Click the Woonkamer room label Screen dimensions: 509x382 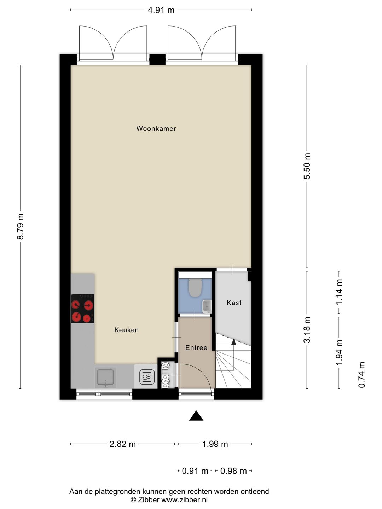(156, 129)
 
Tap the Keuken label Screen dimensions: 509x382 (126, 330)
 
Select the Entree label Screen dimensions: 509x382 (196, 348)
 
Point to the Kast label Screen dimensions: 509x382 (234, 303)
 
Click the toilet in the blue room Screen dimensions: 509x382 (195, 287)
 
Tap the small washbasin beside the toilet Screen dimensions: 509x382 (207, 306)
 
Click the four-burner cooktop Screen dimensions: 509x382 (82, 309)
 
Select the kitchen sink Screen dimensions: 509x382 (106, 378)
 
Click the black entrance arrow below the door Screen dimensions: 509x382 (196, 416)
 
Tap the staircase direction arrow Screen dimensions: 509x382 (233, 341)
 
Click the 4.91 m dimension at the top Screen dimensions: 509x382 (161, 10)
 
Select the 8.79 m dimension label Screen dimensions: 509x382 (21, 226)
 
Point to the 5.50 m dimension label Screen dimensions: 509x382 (307, 166)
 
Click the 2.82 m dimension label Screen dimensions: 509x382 (122, 444)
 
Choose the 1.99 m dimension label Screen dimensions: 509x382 (215, 444)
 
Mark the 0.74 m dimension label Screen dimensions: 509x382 (361, 375)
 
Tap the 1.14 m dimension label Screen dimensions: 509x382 (340, 292)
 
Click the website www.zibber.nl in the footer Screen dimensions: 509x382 (185, 500)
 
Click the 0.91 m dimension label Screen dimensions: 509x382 (195, 471)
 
